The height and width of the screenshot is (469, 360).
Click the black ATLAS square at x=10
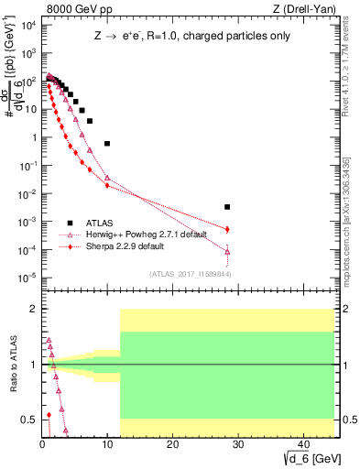tap(107, 144)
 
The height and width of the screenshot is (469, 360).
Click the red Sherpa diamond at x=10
tap(107, 186)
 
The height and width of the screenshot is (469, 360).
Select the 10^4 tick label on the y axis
tap(27, 25)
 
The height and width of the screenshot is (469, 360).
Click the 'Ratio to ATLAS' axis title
tap(11, 365)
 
